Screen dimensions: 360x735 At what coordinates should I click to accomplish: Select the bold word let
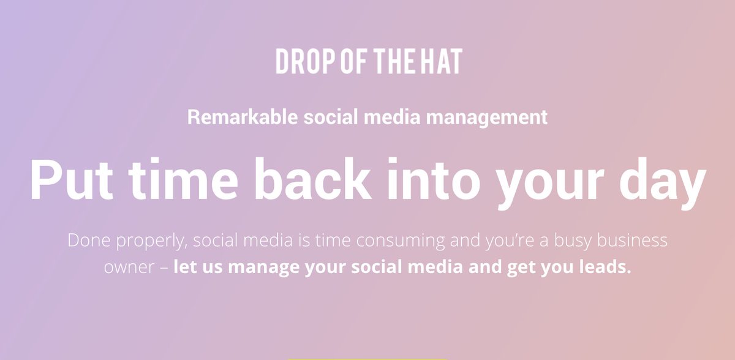[x=183, y=268]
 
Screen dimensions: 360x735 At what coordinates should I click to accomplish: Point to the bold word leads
[x=608, y=268]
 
